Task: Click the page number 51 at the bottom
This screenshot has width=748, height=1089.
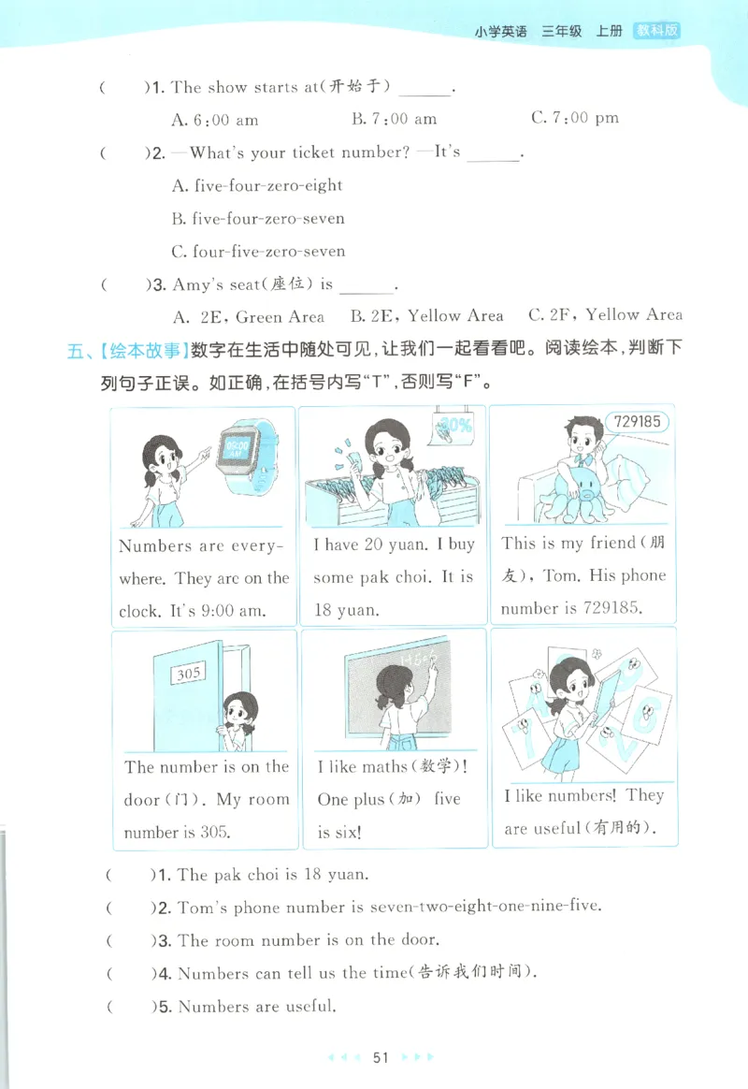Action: [x=380, y=1057]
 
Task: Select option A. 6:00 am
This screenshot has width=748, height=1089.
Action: [x=215, y=120]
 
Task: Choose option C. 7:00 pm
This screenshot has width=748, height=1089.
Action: [x=574, y=118]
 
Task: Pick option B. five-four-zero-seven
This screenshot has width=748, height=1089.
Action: [x=258, y=219]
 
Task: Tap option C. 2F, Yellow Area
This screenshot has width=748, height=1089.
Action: [x=605, y=315]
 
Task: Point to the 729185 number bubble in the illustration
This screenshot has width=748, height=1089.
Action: [x=639, y=422]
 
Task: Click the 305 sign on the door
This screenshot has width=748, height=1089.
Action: [x=190, y=672]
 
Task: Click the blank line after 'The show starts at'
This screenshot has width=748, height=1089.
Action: [x=424, y=90]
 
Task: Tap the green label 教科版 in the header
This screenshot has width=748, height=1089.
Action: [x=656, y=30]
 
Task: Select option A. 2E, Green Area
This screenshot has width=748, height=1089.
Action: [x=249, y=316]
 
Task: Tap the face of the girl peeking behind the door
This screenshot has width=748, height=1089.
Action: [x=241, y=716]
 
